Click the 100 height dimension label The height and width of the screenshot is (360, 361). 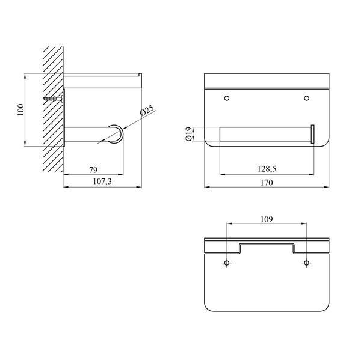click(x=20, y=110)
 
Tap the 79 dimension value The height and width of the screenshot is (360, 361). click(x=93, y=170)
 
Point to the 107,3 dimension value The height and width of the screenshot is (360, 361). click(x=102, y=182)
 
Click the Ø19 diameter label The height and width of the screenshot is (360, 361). click(x=188, y=134)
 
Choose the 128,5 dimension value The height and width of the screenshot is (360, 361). click(x=267, y=169)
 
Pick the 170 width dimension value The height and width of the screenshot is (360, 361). click(x=267, y=183)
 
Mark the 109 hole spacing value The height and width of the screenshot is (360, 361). click(x=267, y=219)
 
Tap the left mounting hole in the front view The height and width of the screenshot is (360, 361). click(x=227, y=98)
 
